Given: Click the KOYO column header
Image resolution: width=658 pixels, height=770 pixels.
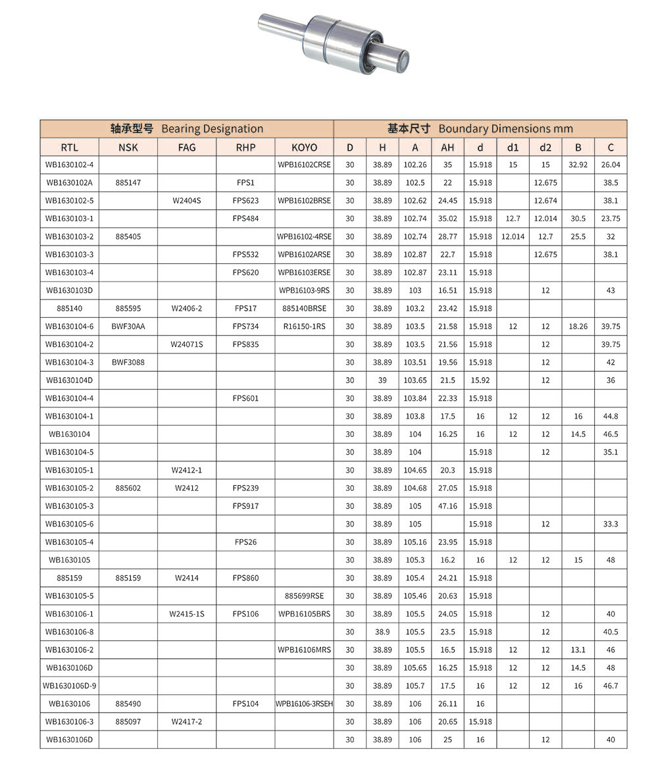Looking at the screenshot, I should [304, 147].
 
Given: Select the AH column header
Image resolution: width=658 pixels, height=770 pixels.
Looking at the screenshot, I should [447, 147].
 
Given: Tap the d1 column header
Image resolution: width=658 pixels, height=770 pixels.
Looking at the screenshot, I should [513, 147].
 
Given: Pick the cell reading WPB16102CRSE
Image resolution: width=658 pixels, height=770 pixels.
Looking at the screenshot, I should [304, 165].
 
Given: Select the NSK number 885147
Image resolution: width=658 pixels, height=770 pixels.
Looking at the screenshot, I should [128, 182].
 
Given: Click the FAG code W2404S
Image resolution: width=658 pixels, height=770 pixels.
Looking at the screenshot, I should [187, 200].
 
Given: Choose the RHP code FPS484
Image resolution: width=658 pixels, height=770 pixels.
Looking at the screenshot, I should [245, 218].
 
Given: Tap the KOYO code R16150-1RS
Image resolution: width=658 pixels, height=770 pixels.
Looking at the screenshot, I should [304, 326].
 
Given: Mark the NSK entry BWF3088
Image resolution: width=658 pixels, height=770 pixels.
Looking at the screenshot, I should [128, 362].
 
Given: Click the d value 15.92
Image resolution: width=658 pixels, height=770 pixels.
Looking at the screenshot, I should [480, 380].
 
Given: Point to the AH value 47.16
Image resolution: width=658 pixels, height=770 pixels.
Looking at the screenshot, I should [447, 506].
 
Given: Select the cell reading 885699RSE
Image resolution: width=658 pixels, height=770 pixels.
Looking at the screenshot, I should [304, 596].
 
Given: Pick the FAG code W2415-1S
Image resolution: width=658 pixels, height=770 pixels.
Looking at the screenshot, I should [187, 614].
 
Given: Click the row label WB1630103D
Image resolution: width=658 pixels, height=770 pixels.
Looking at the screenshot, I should [69, 290].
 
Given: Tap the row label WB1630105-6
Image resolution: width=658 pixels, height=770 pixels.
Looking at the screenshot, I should [69, 525].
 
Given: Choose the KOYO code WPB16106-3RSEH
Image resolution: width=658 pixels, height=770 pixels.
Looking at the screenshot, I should [304, 704].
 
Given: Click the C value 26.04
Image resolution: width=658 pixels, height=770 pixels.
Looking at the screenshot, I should [611, 165].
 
